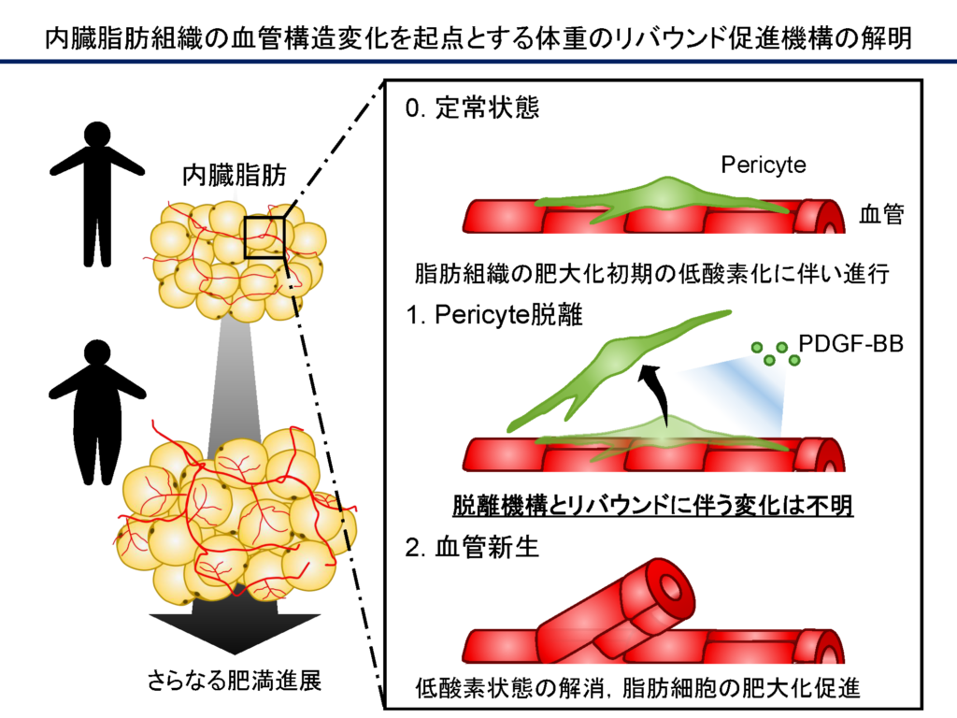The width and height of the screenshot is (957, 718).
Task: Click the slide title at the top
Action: [478, 37]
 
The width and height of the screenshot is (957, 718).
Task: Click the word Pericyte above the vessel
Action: [764, 165]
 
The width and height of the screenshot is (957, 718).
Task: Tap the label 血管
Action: [881, 216]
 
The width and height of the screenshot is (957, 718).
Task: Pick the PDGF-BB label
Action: [851, 345]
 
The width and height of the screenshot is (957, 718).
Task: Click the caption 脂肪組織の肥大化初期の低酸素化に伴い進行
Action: [648, 276]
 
